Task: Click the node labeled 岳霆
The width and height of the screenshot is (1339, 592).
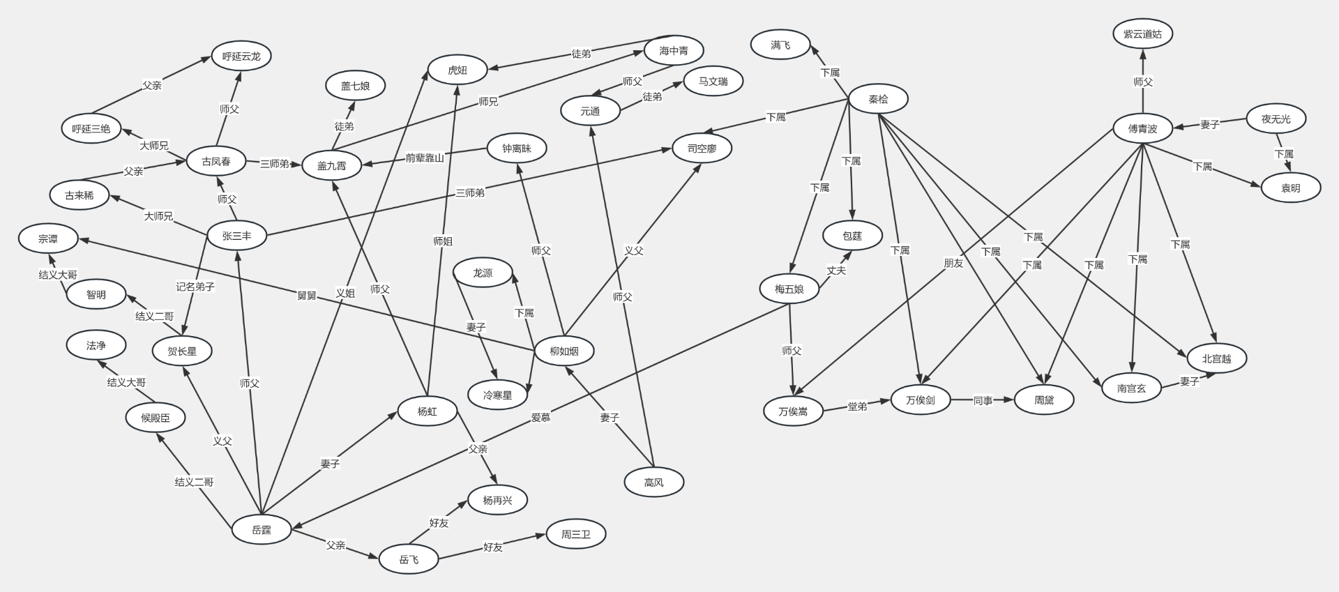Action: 262,530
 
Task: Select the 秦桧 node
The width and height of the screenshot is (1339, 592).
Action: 878,99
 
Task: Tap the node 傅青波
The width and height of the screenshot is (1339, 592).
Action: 1142,128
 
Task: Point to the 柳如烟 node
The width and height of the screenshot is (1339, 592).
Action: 564,351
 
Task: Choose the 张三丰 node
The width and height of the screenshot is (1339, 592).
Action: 237,236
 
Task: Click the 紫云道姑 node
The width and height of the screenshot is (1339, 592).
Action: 1142,33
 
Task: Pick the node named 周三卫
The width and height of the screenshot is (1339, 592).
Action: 576,534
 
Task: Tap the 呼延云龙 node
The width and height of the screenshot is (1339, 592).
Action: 241,56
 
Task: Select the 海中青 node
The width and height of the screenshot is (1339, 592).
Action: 674,50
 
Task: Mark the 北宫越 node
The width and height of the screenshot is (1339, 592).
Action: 1216,358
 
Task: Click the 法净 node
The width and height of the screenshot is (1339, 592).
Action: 96,345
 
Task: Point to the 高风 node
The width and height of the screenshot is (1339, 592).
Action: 653,482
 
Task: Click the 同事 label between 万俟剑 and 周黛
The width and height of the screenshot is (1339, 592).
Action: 983,401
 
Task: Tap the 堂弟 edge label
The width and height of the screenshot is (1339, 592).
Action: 857,406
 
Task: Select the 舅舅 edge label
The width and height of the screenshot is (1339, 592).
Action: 307,296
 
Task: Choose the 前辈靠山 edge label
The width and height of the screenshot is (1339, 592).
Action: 425,158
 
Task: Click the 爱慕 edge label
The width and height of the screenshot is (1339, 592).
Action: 540,417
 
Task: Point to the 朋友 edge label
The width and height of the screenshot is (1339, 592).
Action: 953,263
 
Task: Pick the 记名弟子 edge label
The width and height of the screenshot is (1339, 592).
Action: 195,287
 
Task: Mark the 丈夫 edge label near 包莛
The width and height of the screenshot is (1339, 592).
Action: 836,270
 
